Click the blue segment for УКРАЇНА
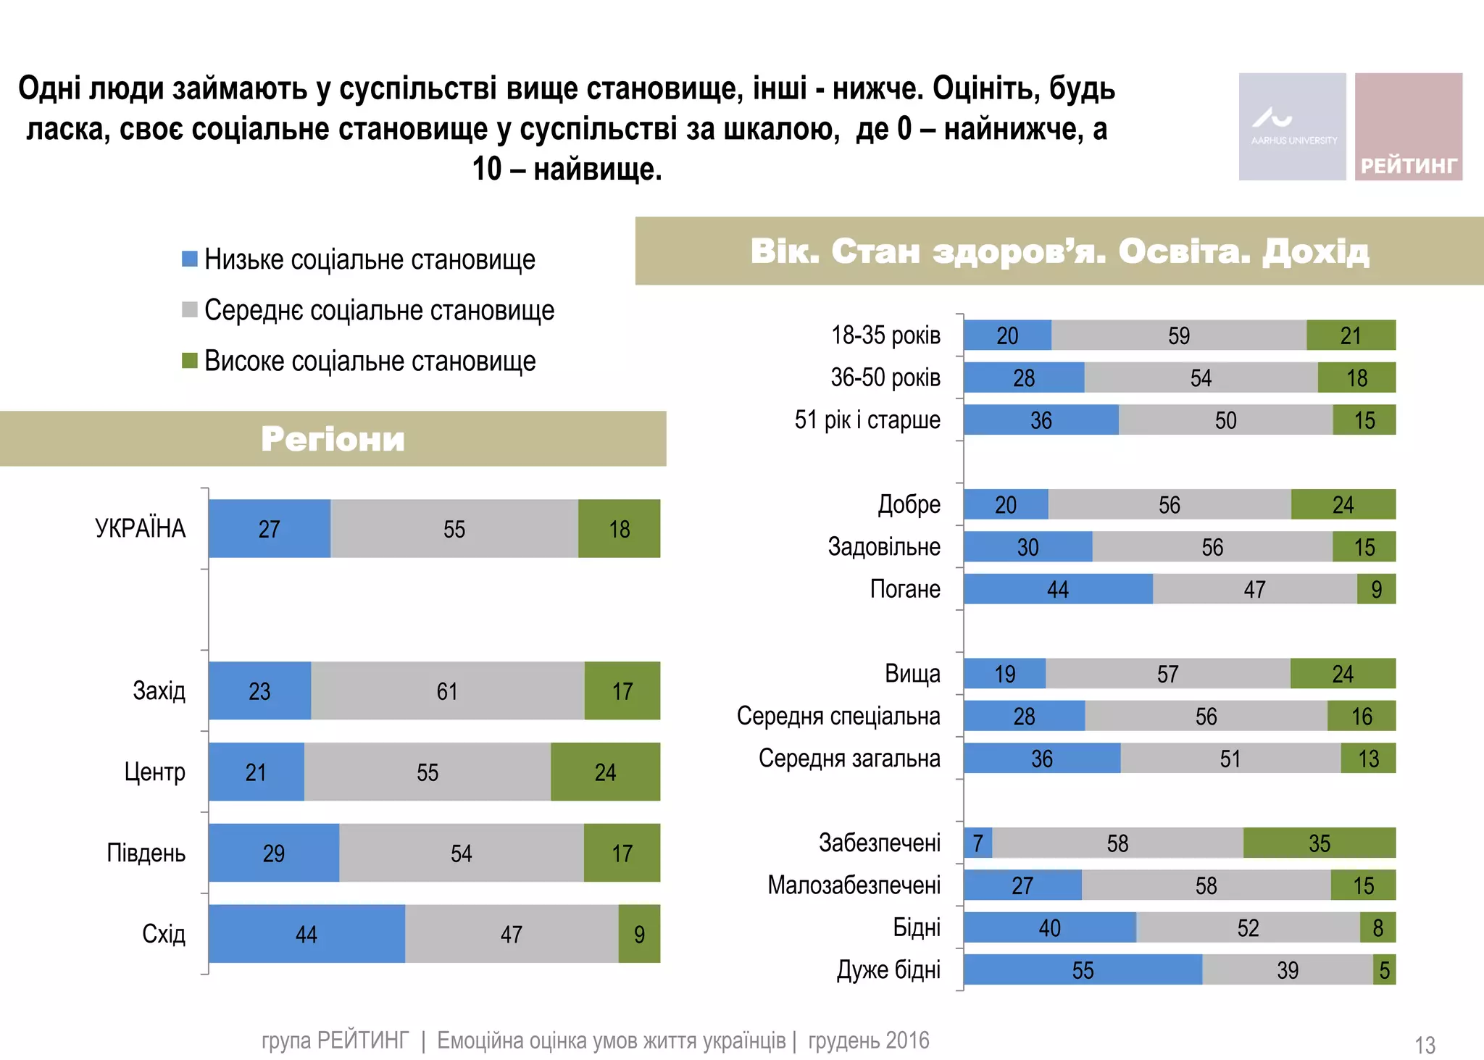[x=269, y=528]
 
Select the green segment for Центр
[x=605, y=772]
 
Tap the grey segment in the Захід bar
[x=447, y=690]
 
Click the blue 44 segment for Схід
[x=307, y=933]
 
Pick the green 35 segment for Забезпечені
[x=1319, y=843]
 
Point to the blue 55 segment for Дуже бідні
[x=1083, y=969]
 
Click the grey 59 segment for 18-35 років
[x=1178, y=335]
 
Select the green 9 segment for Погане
[x=1376, y=589]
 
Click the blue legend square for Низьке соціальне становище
[x=190, y=259]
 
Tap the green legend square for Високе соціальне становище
[x=190, y=360]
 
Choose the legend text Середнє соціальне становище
[x=379, y=310]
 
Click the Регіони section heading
[x=333, y=439]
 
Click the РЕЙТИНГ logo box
[x=1408, y=127]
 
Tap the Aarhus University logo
[x=1292, y=127]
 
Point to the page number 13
[x=1425, y=1045]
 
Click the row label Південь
[x=146, y=853]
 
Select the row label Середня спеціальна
[x=838, y=716]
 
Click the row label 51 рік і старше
[x=867, y=420]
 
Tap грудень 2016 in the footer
[x=868, y=1040]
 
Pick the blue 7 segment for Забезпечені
[x=977, y=843]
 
